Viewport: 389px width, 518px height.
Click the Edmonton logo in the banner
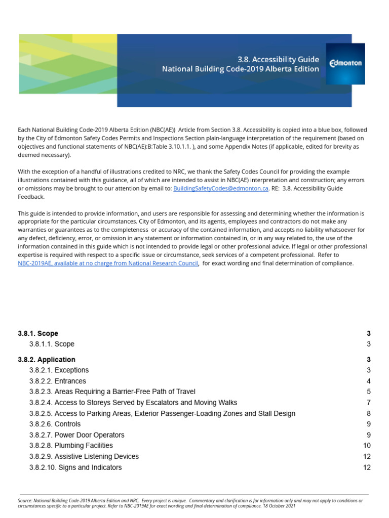pyautogui.click(x=345, y=64)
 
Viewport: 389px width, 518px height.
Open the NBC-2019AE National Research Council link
pyautogui.click(x=108, y=263)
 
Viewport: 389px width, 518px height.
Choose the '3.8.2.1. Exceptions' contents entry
pyautogui.click(x=59, y=370)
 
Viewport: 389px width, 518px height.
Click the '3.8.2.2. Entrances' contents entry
pyautogui.click(x=58, y=381)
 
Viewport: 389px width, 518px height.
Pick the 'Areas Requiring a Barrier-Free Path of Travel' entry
pyautogui.click(x=112, y=392)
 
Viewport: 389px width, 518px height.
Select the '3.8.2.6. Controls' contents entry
pyautogui.click(x=55, y=424)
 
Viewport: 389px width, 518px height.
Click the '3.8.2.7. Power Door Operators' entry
pyautogui.click(x=76, y=435)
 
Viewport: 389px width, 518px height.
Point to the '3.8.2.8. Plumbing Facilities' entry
pyautogui.click(x=71, y=446)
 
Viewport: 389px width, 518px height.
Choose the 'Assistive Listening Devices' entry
pyautogui.click(x=84, y=456)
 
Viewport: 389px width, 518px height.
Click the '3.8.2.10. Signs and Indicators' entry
pyautogui.click(x=75, y=467)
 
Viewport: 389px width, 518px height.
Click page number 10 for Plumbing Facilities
pyautogui.click(x=367, y=446)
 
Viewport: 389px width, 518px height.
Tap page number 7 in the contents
pyautogui.click(x=369, y=403)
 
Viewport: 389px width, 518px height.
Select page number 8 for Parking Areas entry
pyautogui.click(x=369, y=413)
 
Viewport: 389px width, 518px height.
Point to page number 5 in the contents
pyautogui.click(x=369, y=392)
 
